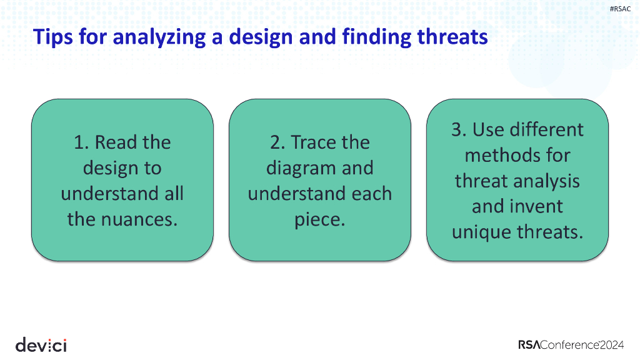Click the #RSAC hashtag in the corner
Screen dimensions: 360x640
(620, 9)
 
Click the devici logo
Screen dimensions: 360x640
(41, 344)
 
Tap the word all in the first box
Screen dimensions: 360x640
(171, 194)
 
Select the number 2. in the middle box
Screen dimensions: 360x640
(277, 142)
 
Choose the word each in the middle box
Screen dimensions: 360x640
(372, 194)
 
